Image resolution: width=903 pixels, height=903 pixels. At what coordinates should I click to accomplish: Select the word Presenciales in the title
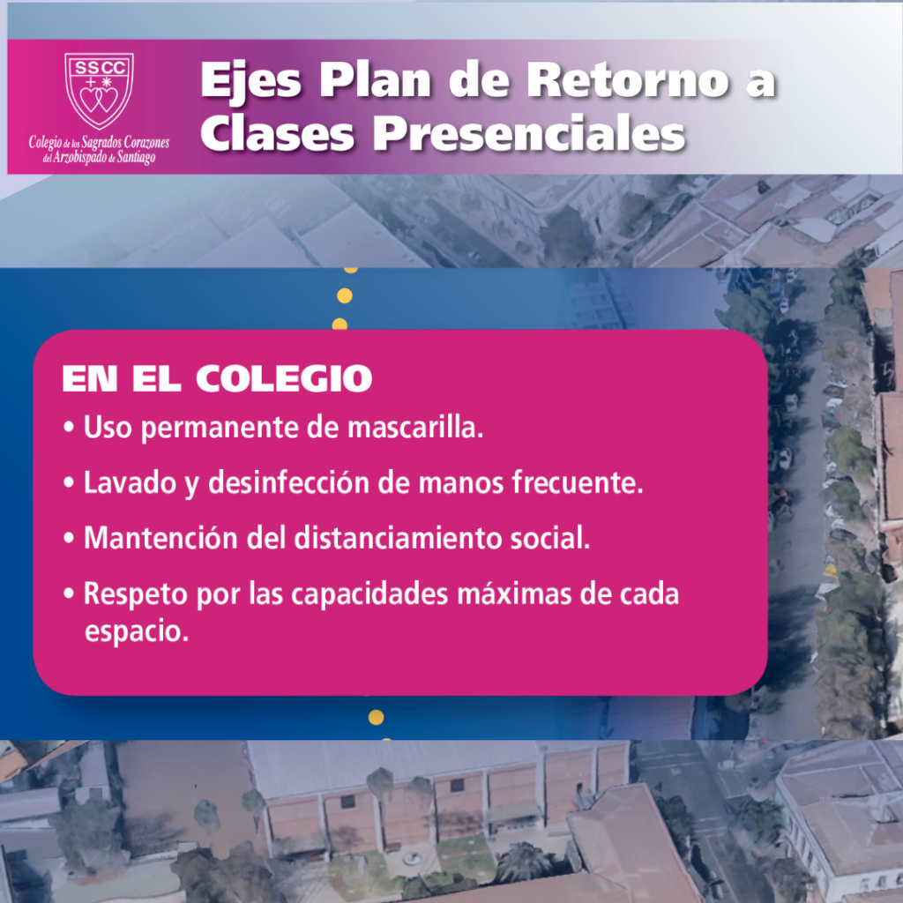coord(529,134)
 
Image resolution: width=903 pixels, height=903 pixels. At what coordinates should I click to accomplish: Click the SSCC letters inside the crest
coord(99,68)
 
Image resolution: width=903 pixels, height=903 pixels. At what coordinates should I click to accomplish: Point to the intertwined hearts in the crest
coord(99,99)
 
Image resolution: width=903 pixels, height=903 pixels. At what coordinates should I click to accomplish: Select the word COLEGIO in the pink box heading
coord(284,378)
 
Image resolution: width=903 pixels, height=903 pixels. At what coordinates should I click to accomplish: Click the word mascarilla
coord(415,428)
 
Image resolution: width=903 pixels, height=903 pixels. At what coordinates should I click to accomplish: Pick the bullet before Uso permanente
coord(69,428)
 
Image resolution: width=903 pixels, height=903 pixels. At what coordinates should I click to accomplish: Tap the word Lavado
coord(131,482)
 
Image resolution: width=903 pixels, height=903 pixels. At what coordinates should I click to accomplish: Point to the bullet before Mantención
coord(69,539)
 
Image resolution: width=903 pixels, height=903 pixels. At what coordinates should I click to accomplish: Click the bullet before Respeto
coord(69,593)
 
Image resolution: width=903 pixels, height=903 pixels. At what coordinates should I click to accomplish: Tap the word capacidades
coord(369,594)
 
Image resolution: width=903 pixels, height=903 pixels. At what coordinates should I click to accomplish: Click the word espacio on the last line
coord(137,632)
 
